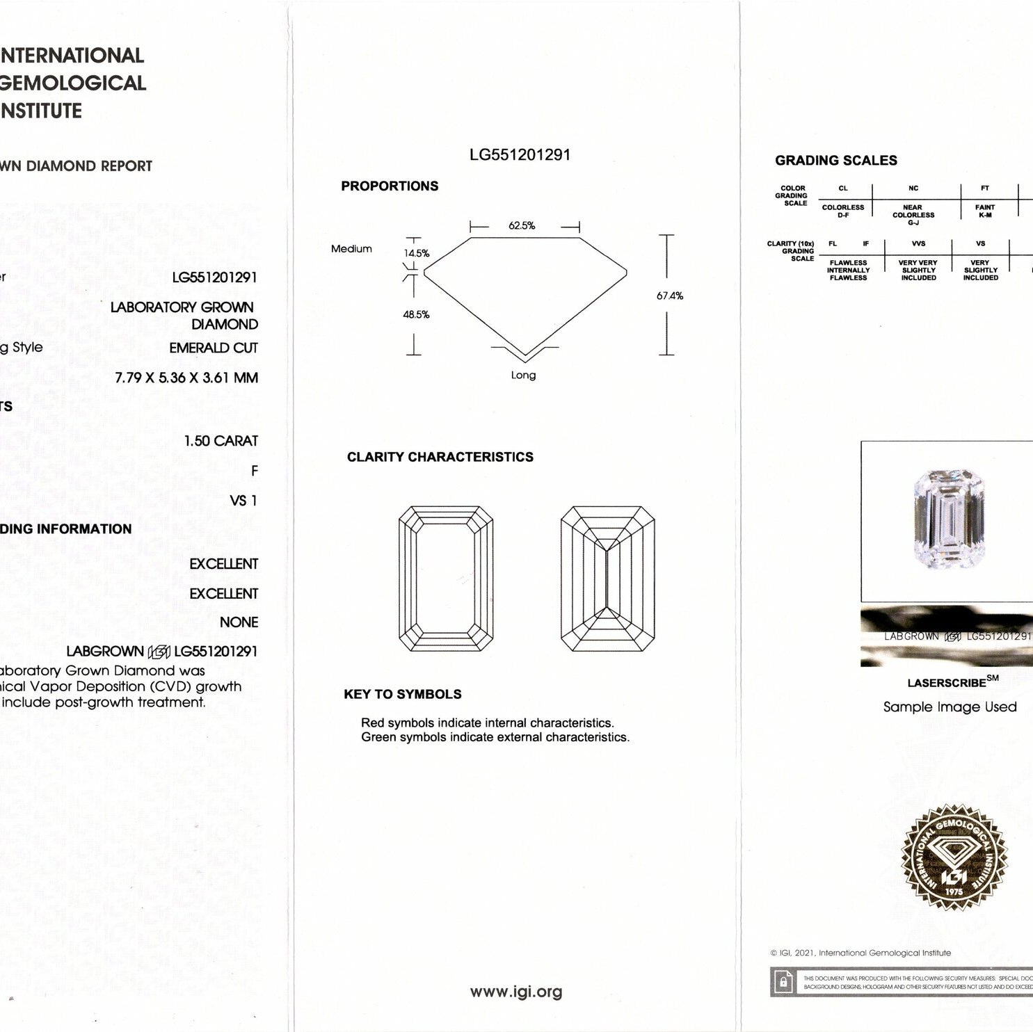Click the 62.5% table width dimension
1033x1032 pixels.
coord(522,226)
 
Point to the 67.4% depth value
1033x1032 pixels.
coord(669,296)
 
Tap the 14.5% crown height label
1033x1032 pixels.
coord(417,253)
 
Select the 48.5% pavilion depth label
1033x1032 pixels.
coord(416,314)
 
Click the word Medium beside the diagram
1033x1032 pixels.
coord(351,249)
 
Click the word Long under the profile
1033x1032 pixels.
coord(523,376)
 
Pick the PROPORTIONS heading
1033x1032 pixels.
coord(390,186)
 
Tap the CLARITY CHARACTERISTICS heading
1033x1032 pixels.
coord(440,457)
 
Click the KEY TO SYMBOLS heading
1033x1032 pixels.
coord(403,694)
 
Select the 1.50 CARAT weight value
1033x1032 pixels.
coord(221,441)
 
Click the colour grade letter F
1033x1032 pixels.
coord(254,471)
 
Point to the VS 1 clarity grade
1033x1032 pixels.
coord(243,501)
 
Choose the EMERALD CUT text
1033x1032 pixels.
coord(214,348)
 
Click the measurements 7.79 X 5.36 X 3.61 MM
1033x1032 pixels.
coord(186,378)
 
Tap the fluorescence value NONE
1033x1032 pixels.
coord(239,622)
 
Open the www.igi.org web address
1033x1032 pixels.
coord(516,992)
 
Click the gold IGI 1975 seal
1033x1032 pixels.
coord(954,857)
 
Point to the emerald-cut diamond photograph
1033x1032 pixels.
coord(949,519)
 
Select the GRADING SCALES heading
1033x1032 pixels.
coord(836,161)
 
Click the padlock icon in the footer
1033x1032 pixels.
coord(783,982)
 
